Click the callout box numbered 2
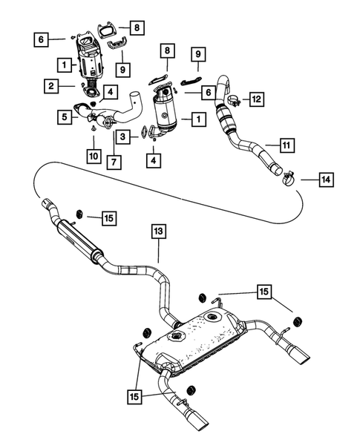(x=51, y=86)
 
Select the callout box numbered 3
(x=123, y=137)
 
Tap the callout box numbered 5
(x=65, y=116)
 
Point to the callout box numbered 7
(x=114, y=162)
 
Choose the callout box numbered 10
(x=94, y=156)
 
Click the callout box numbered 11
(x=287, y=145)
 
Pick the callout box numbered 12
(x=257, y=99)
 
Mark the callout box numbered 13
(x=159, y=231)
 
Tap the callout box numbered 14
(x=327, y=180)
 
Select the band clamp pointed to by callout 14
(x=289, y=180)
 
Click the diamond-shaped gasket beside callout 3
(x=145, y=132)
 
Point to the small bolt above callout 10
(x=94, y=128)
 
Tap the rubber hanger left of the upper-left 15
(x=79, y=214)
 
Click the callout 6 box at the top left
(x=42, y=39)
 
